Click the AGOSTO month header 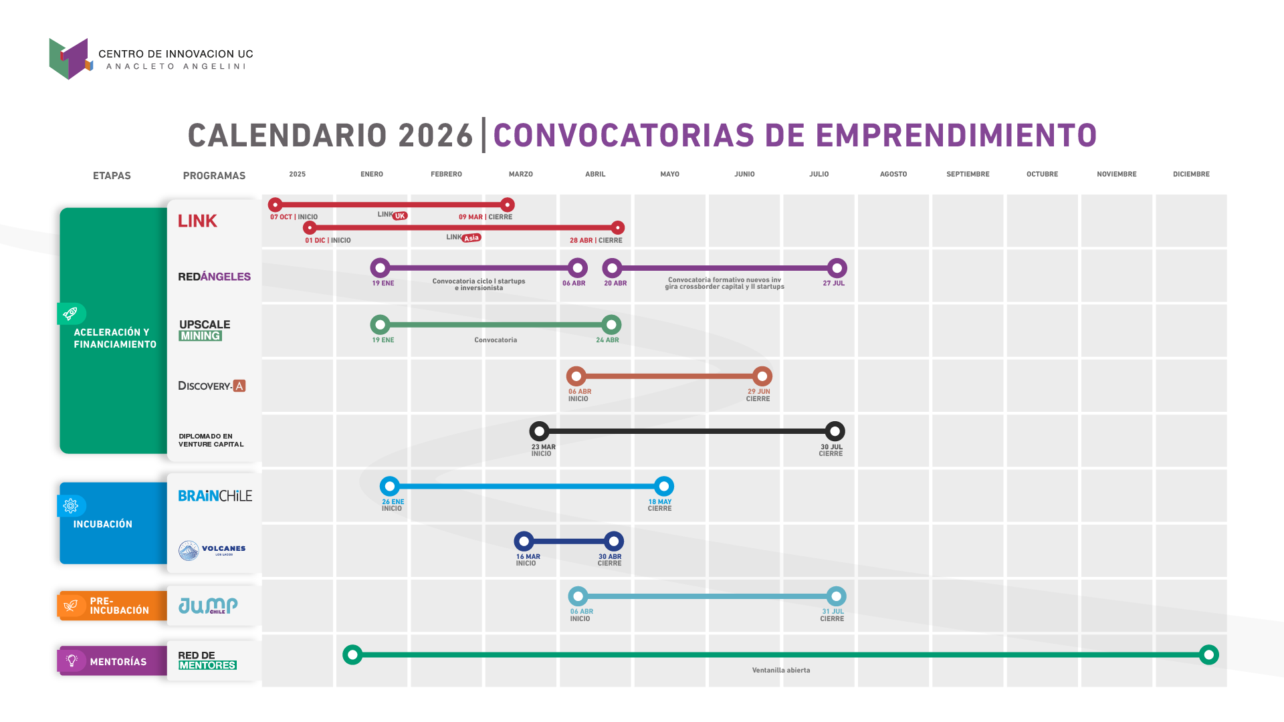[893, 174]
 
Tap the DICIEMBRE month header [1190, 174]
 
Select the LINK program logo [197, 221]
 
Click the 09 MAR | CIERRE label [486, 217]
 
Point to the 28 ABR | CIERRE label [596, 241]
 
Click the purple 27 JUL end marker [837, 268]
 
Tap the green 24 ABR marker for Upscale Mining [611, 325]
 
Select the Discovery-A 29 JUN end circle [762, 376]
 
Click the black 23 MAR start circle [539, 431]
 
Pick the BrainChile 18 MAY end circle [663, 486]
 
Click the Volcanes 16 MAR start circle [524, 541]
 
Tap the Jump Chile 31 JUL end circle [836, 596]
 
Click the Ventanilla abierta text [780, 671]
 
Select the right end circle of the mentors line [1208, 655]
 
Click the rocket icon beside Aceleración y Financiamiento [71, 314]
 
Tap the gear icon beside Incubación [71, 506]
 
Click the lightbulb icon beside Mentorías [72, 660]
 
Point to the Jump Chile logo [208, 606]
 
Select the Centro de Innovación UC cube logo [70, 58]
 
